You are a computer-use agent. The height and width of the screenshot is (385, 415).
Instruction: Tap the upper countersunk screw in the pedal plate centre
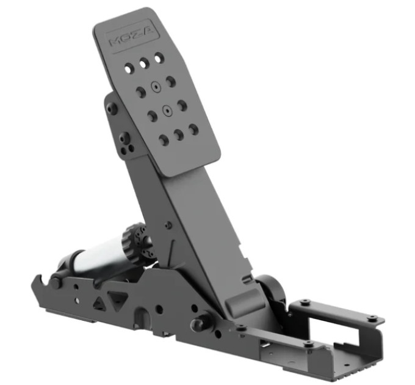(x=156, y=87)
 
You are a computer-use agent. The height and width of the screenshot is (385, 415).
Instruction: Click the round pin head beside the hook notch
(x=56, y=282)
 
